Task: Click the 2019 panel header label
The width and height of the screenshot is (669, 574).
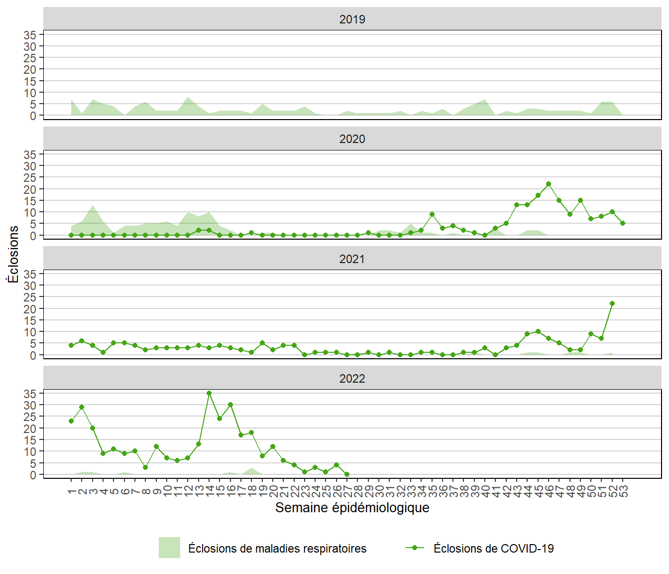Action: tap(352, 19)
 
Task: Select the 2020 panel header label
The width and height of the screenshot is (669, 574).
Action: tap(352, 139)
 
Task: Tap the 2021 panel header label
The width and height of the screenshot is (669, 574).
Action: tap(352, 259)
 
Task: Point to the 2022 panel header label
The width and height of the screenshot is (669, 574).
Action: tap(352, 379)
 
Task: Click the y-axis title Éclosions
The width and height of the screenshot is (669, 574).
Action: tap(13, 254)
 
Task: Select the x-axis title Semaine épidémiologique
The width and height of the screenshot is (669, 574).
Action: tap(352, 508)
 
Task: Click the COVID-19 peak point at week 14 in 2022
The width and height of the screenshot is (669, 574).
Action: tap(209, 393)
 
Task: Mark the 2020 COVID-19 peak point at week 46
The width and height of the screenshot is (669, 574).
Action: tap(549, 184)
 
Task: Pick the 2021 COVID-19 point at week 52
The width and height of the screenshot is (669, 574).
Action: tap(612, 303)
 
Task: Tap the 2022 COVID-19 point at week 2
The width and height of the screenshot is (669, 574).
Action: tap(82, 407)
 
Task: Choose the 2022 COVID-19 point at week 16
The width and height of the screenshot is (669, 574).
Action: tap(230, 405)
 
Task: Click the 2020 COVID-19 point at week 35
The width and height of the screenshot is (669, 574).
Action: tap(432, 214)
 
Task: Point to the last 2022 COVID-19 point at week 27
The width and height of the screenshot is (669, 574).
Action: tap(347, 474)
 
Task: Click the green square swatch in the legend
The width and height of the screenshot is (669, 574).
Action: tap(169, 548)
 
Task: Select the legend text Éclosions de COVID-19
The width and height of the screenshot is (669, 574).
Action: tap(493, 549)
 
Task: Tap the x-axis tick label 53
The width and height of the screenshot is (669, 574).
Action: tap(623, 491)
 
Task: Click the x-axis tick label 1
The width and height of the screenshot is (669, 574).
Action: tap(72, 491)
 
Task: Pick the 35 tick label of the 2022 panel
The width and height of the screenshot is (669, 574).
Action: tap(30, 394)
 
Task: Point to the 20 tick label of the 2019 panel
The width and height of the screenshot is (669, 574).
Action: tap(30, 69)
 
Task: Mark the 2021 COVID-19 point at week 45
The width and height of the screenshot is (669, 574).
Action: tap(538, 331)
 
